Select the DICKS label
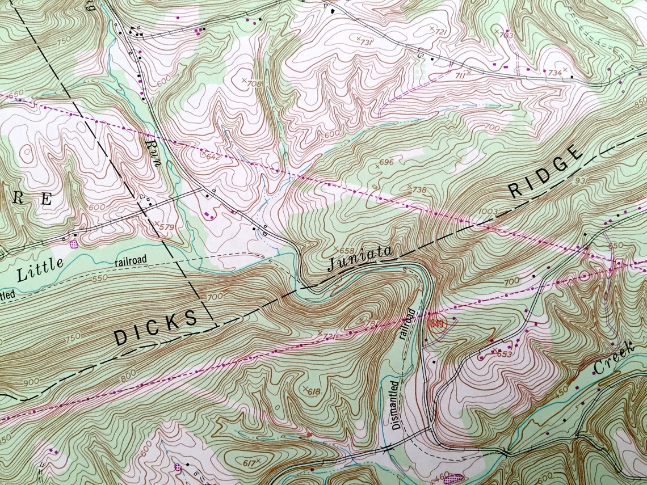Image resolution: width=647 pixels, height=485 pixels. [156, 328]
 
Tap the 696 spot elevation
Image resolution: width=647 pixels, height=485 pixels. [385, 163]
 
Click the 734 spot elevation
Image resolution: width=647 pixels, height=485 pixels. [554, 73]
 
